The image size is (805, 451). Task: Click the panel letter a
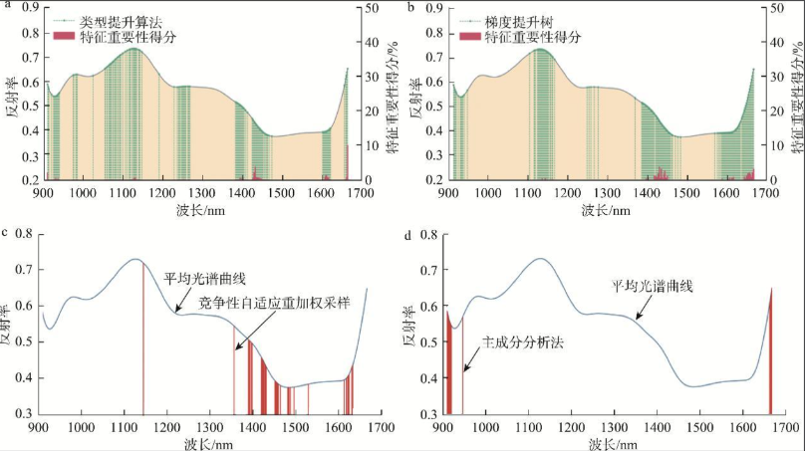(x=8, y=7)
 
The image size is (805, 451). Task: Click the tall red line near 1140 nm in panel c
(x=142, y=338)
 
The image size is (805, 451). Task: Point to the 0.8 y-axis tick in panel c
(x=23, y=234)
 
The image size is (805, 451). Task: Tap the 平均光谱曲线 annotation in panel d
(x=652, y=285)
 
